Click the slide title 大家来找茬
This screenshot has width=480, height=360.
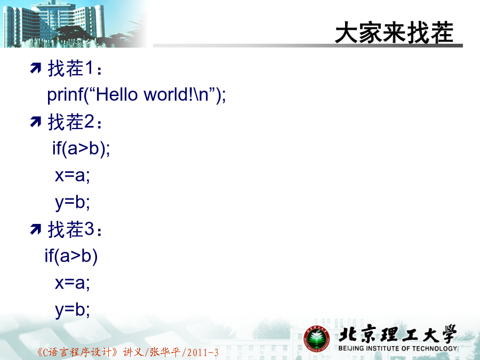tap(394, 32)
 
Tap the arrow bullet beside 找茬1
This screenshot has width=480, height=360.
tap(36, 68)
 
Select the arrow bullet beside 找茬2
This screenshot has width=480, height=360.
tap(36, 122)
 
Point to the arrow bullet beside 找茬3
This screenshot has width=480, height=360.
tap(36, 229)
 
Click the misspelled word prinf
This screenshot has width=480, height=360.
tap(65, 94)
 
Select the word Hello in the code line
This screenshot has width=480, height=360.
tap(117, 94)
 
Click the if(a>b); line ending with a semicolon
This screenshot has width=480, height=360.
tap(81, 149)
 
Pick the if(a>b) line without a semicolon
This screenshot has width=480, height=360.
tap(71, 256)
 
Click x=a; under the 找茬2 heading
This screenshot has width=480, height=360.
tap(73, 175)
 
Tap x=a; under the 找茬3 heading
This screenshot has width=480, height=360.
tap(73, 283)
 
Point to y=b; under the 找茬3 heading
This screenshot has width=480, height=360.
tap(73, 310)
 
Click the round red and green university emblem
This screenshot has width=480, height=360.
tap(316, 339)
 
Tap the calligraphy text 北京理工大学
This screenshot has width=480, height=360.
tap(398, 334)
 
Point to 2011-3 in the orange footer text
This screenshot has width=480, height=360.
tap(202, 353)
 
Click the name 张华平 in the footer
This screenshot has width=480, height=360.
tap(165, 352)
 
